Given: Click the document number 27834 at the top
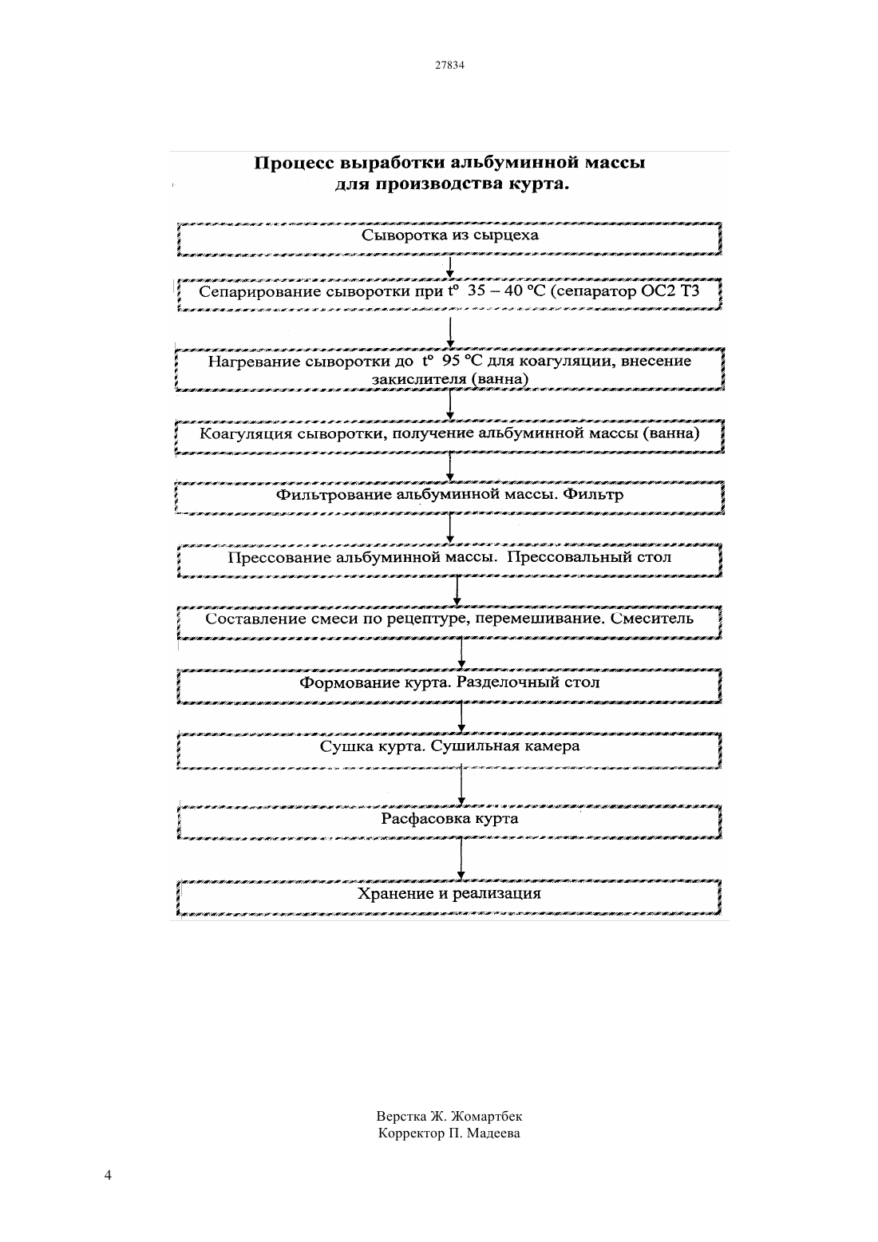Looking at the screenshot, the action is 449,65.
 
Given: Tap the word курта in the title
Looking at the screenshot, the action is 539,184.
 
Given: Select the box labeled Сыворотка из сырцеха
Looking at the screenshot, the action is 449,239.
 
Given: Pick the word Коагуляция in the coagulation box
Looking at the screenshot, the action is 246,433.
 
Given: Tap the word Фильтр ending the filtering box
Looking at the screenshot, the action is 592,495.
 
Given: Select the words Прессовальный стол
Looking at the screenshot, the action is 589,557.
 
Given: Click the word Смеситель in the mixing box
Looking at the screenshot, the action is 652,619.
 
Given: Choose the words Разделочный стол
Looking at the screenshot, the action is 528,682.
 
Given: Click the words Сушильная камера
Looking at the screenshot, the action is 505,746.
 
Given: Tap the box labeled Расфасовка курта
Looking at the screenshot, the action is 449,822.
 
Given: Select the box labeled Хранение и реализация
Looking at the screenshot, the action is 449,897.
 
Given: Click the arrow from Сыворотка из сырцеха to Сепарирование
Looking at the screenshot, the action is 450,267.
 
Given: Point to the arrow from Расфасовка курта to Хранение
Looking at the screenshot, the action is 461,859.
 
